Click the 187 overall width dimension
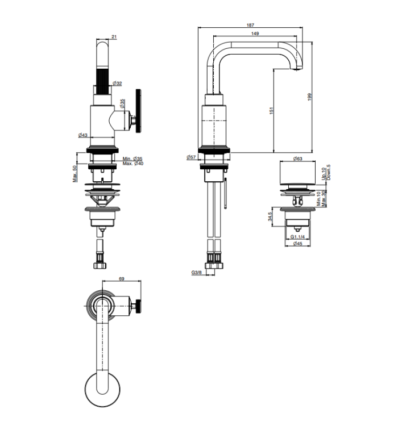(x=250, y=25)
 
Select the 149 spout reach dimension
(x=255, y=34)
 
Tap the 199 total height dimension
(x=309, y=97)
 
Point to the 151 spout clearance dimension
(x=271, y=111)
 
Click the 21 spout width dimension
(x=114, y=37)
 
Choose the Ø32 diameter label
(x=117, y=83)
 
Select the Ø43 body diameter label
(x=82, y=135)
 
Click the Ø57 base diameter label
(x=191, y=157)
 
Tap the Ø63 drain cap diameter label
(x=297, y=158)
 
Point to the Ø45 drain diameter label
(x=297, y=244)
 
